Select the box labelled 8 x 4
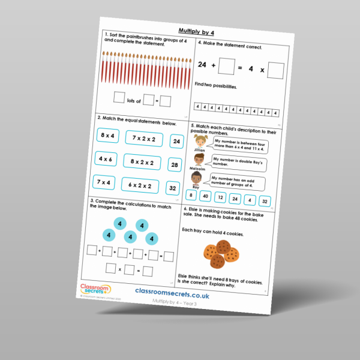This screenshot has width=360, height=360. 108,136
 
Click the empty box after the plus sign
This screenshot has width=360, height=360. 226,65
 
